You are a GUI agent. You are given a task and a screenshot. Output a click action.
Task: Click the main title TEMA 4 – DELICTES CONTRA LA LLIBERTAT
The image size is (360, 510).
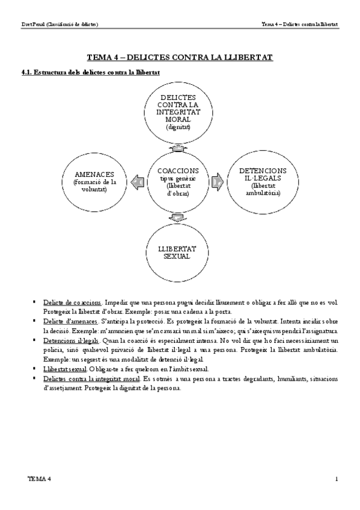click(x=180, y=57)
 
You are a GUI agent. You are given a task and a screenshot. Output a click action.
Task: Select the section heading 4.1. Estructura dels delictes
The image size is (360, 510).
click(x=90, y=72)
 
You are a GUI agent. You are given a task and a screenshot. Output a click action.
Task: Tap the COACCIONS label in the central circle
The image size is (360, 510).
click(x=178, y=171)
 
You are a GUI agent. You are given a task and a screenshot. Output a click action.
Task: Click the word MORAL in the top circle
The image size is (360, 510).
click(x=178, y=119)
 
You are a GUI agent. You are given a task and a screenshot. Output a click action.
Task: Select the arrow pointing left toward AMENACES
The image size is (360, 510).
click(x=137, y=180)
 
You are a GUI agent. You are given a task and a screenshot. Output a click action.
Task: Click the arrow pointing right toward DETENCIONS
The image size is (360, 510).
click(x=218, y=180)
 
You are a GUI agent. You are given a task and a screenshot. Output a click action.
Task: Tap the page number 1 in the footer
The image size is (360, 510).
click(x=337, y=479)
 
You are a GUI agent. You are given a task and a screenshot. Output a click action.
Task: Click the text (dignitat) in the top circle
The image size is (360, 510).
click(x=178, y=127)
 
